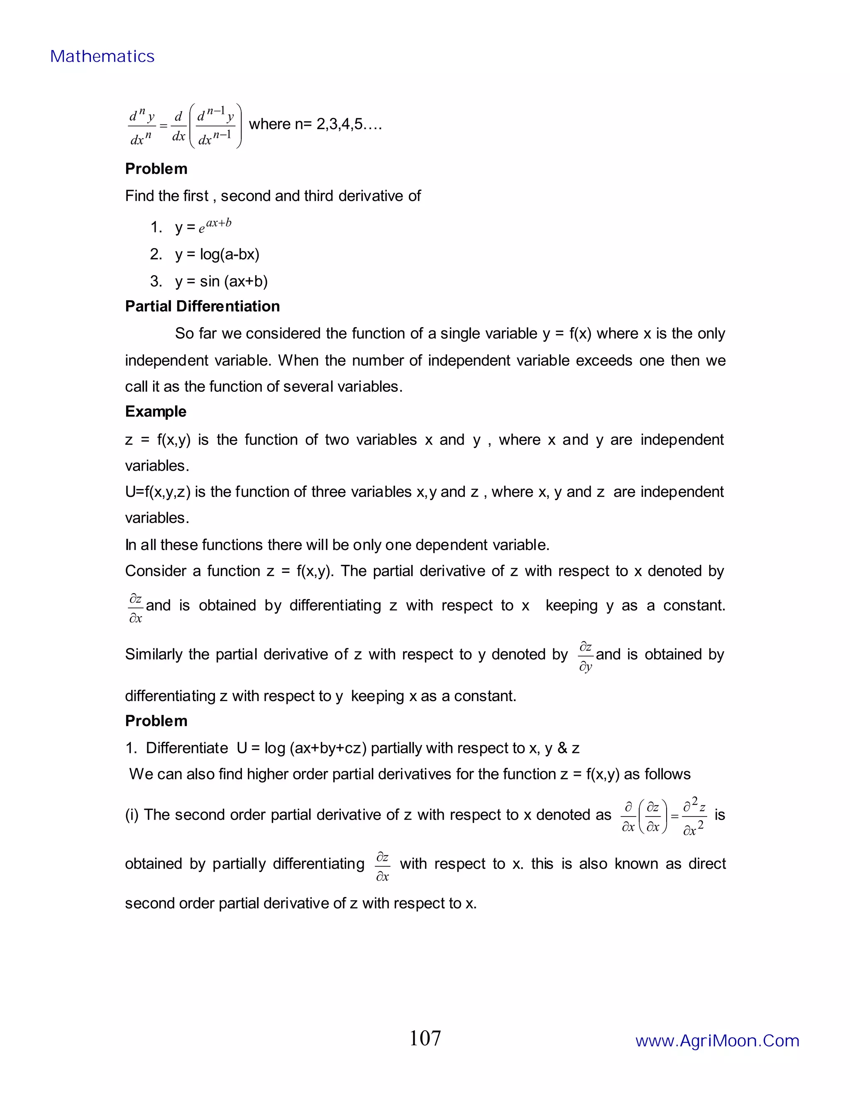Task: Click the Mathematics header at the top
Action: point(102,56)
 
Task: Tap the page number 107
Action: point(425,1039)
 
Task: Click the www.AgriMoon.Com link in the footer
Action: point(717,1041)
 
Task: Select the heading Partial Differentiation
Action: point(203,306)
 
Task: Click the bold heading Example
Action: point(156,411)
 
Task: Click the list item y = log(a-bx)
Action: point(217,254)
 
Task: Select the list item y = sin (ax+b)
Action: point(221,281)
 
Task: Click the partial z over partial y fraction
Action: point(585,656)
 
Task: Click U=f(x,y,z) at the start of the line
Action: point(158,491)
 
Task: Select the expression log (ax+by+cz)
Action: point(315,748)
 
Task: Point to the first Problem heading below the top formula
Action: point(156,169)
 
